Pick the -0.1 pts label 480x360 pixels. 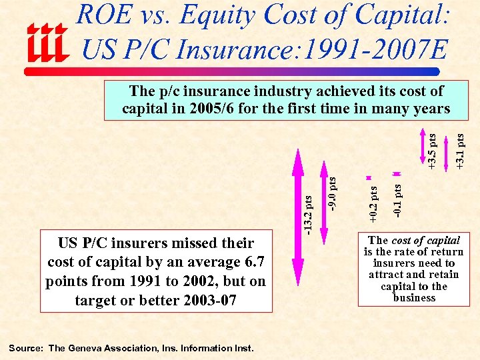tap(397, 201)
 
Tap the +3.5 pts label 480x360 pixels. tap(433, 151)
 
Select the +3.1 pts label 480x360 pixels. tap(460, 151)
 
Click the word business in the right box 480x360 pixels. tap(414, 297)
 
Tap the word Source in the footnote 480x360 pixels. tap(25, 348)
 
